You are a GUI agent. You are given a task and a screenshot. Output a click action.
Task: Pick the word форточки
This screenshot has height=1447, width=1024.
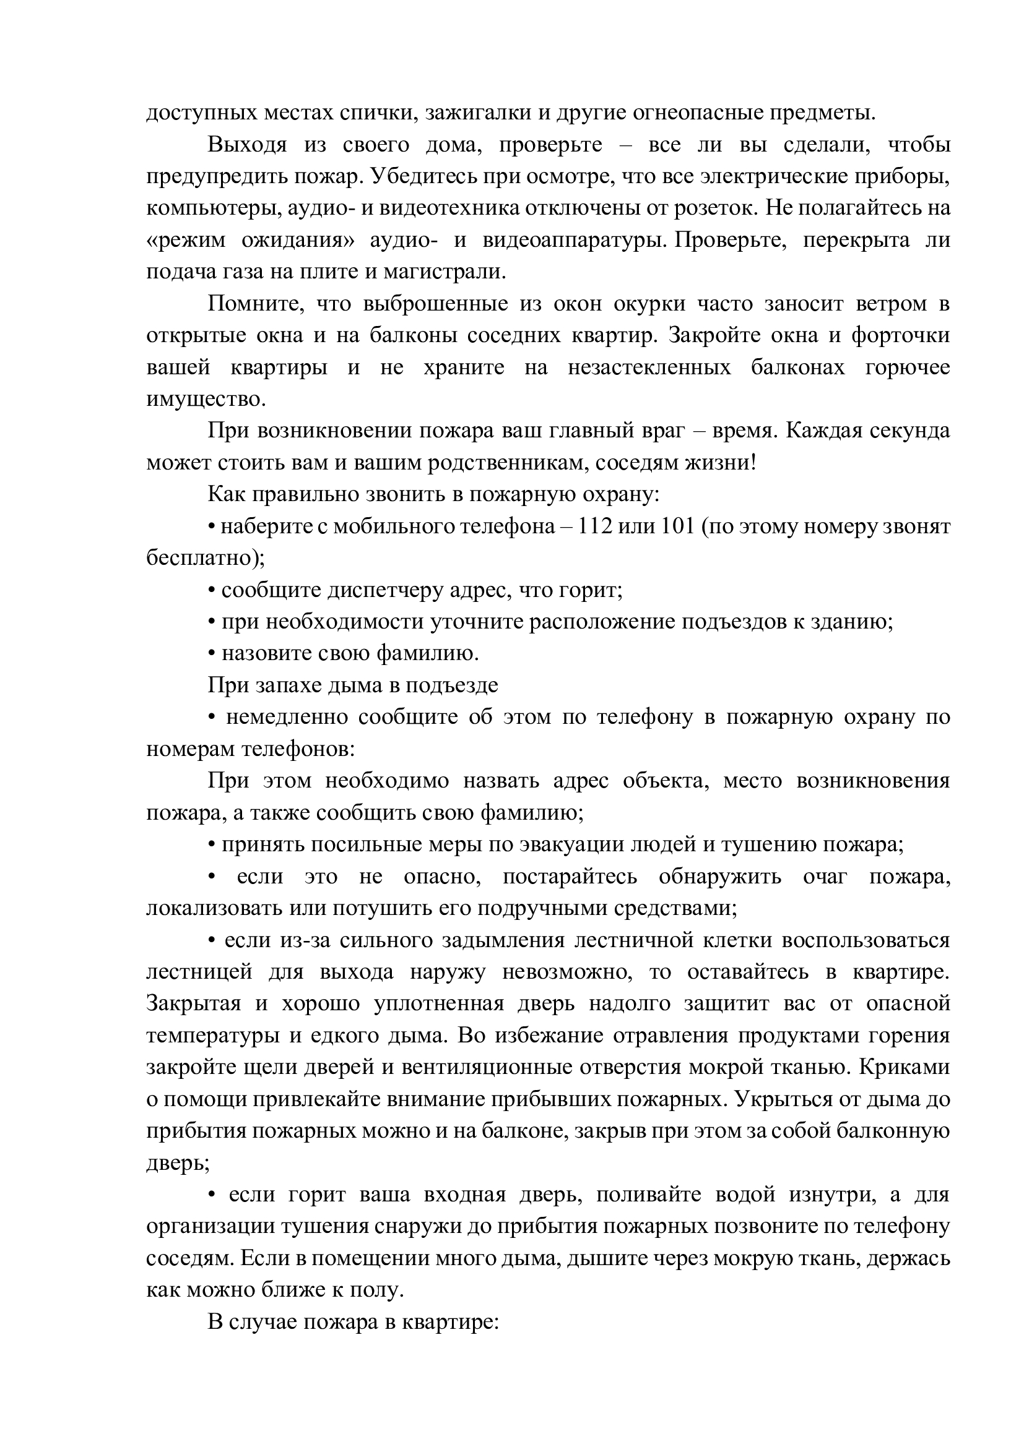(900, 336)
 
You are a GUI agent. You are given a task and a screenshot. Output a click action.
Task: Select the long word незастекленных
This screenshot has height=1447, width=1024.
(649, 368)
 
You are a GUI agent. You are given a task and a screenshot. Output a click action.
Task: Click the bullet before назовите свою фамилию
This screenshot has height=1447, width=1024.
(212, 654)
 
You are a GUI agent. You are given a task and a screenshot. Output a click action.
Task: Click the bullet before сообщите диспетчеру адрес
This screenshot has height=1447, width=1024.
(212, 591)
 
